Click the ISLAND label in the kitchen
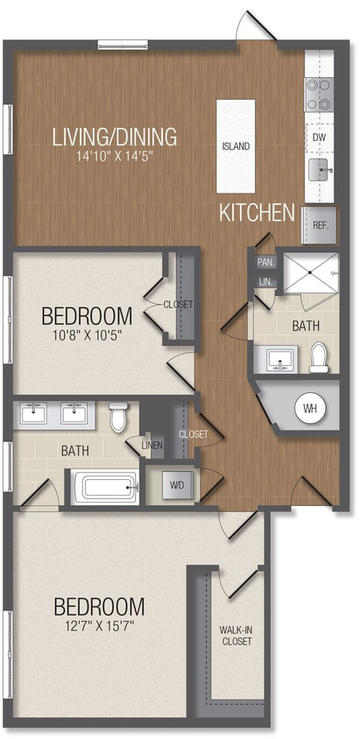[x=236, y=146]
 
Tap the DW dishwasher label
[x=320, y=137]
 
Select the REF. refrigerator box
[x=320, y=224]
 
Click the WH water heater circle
[x=309, y=407]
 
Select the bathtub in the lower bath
[x=105, y=487]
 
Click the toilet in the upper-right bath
[x=319, y=356]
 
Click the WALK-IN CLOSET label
[x=236, y=635]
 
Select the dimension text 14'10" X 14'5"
[x=115, y=158]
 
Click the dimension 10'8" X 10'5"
[x=87, y=335]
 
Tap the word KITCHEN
[x=256, y=212]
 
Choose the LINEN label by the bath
[x=152, y=446]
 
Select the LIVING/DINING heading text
[x=115, y=137]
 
